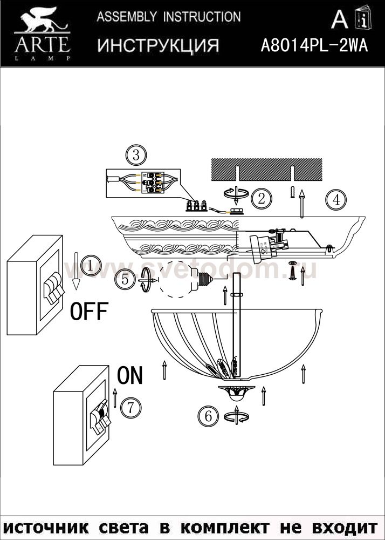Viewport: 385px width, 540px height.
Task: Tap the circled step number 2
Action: tap(261, 199)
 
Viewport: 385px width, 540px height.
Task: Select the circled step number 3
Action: tap(135, 156)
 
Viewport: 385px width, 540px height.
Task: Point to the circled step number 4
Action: tap(335, 200)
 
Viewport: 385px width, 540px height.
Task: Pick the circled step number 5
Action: tap(125, 279)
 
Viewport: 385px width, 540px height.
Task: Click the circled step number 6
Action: tap(208, 416)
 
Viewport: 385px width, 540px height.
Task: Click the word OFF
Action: tap(90, 312)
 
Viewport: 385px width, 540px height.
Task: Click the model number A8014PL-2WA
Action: tap(314, 46)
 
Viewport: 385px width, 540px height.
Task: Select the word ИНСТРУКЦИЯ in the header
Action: tap(158, 46)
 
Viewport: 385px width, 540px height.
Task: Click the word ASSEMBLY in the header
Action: tap(127, 17)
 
